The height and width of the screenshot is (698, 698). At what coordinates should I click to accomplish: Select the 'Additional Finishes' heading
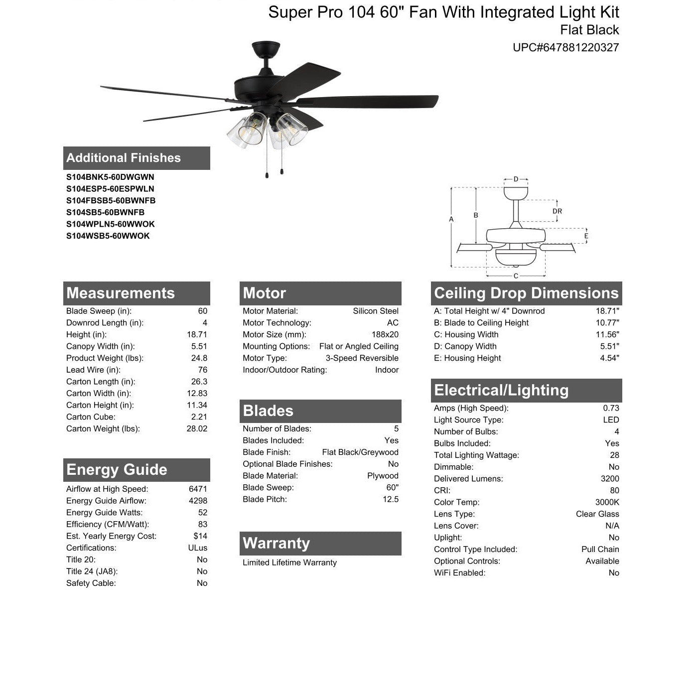[124, 158]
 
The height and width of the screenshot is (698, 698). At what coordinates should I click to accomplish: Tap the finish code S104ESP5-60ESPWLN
[110, 189]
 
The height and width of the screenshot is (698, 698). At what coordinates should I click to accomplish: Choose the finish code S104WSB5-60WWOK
[108, 236]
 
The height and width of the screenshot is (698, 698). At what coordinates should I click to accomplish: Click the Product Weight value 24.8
[198, 358]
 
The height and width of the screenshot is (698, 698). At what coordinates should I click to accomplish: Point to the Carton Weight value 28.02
[197, 428]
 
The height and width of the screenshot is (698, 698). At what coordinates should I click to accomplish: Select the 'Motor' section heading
[265, 293]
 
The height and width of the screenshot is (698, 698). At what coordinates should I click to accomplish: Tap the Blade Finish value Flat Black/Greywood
[360, 452]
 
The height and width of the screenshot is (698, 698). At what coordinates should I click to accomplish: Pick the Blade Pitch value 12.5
[391, 499]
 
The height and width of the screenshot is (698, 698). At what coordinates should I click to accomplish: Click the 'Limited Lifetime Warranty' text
[289, 562]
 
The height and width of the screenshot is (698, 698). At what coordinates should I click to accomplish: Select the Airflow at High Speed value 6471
[198, 489]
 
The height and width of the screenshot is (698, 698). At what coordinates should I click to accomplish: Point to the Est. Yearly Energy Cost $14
[200, 536]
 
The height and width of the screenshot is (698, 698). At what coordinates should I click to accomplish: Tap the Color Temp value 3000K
[607, 502]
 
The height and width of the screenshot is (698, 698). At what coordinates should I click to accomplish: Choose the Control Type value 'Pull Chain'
[600, 549]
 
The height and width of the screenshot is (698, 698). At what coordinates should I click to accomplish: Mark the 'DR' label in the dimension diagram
[557, 211]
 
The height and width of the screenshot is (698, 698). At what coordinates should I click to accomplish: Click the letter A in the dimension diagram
[451, 219]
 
